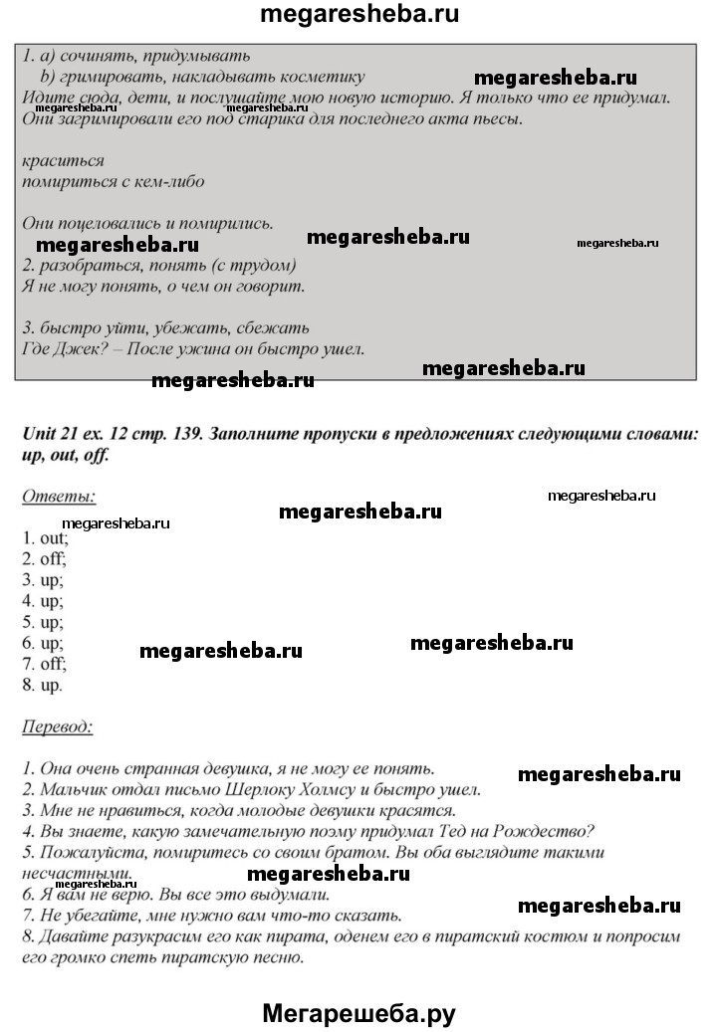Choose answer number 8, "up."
[x=43, y=685]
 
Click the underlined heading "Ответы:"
[x=59, y=495]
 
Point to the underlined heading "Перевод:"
[x=57, y=726]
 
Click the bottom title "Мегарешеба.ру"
[x=358, y=1013]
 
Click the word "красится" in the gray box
[x=62, y=160]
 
